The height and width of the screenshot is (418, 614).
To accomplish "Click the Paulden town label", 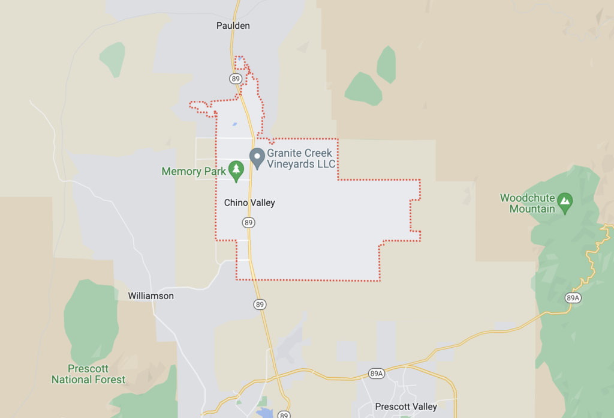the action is point(233,26).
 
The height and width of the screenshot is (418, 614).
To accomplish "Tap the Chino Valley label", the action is point(249,203).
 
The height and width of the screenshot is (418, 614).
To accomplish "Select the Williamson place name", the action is point(151,296).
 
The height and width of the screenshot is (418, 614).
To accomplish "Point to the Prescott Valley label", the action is point(406,407).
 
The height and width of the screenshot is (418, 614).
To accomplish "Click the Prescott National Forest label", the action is point(88,374).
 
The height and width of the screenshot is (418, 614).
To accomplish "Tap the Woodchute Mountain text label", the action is point(528,203).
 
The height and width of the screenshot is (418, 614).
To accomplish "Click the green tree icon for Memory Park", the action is point(236,170).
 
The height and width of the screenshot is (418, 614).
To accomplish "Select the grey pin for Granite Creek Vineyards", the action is point(257,157).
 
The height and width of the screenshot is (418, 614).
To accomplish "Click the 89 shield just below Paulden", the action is point(235,79).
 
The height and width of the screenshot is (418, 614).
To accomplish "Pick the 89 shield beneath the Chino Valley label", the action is point(249,223).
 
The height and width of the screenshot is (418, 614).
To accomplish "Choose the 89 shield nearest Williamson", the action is point(260,304).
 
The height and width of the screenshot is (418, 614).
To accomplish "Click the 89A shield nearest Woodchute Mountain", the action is point(573,298).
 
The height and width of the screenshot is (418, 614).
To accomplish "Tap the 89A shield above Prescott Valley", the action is point(377,373).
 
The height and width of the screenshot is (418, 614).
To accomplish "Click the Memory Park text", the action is point(194,172).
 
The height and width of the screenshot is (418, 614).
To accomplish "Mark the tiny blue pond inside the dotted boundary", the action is point(234,124).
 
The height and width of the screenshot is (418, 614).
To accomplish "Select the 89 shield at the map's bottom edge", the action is point(284,415).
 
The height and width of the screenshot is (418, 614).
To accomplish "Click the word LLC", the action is point(327,164).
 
